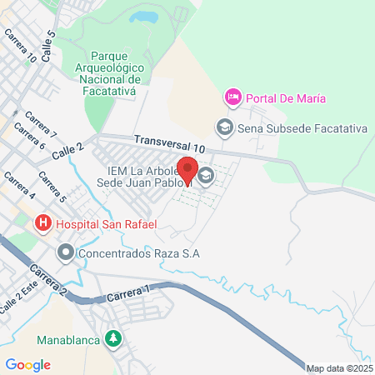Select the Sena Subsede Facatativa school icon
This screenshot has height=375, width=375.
click(223, 128)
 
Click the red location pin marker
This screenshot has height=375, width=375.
click(187, 171)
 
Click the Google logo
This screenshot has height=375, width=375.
click(27, 365)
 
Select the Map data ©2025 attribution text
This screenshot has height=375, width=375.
click(339, 368)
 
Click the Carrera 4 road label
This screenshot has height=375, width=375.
click(19, 187)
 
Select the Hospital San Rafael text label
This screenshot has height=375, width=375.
click(96, 223)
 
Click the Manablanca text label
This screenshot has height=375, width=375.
click(68, 340)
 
